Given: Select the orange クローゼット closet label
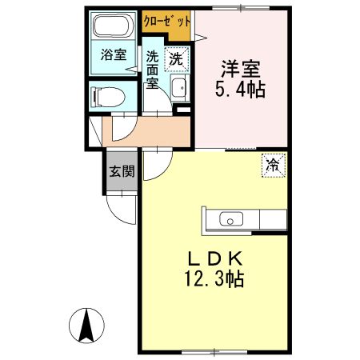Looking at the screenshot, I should pos(167,22).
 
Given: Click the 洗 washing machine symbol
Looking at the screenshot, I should pos(177,57).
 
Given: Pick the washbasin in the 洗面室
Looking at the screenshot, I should pos(179,89).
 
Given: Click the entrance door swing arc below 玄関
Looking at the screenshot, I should pos(122,210).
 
